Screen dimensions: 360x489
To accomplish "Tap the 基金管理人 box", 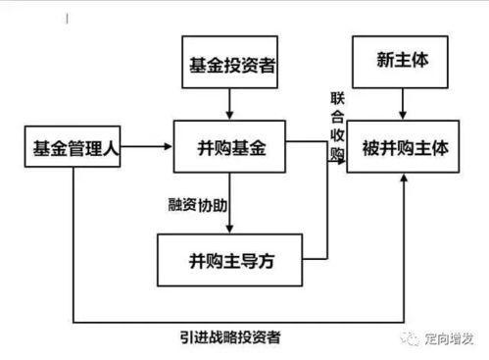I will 72,149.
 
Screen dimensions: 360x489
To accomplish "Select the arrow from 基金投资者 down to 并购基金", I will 229,103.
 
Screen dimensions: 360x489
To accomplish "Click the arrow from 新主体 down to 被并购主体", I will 402,103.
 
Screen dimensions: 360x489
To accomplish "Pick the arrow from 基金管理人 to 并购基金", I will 147,148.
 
